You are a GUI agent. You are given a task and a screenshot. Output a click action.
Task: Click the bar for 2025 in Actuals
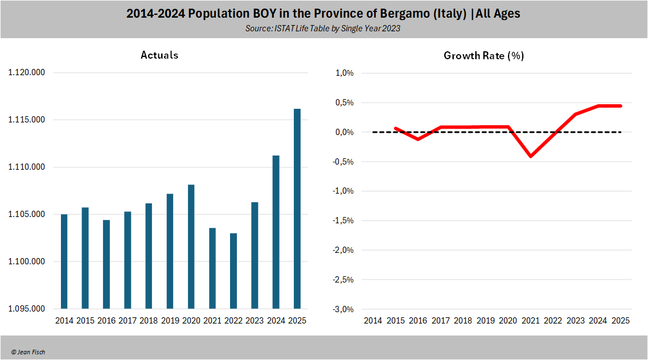(x=297, y=208)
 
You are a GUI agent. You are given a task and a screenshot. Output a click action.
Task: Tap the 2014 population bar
(x=64, y=261)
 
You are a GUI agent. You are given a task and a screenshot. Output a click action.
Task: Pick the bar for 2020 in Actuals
(x=191, y=247)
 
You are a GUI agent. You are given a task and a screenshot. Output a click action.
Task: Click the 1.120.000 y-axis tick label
(x=27, y=73)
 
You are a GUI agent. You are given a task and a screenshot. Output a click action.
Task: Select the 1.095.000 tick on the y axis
(x=27, y=309)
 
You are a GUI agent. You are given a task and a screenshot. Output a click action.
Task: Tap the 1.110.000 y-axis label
(x=27, y=167)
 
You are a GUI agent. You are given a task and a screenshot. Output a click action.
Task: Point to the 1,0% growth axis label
(x=344, y=73)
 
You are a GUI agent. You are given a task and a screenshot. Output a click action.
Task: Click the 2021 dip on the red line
(x=531, y=156)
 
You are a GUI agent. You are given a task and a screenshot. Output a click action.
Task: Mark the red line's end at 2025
(x=620, y=106)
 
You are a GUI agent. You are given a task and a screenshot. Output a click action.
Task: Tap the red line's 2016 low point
(x=418, y=139)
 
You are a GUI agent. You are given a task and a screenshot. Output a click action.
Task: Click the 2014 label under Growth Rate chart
(x=373, y=321)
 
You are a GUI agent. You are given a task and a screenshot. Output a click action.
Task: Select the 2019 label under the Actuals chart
(x=170, y=321)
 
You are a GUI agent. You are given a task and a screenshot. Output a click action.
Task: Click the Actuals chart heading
(x=159, y=55)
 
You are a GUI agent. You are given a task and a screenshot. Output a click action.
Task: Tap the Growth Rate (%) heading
(x=483, y=56)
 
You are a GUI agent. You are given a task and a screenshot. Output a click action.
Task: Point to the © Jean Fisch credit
(x=28, y=352)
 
